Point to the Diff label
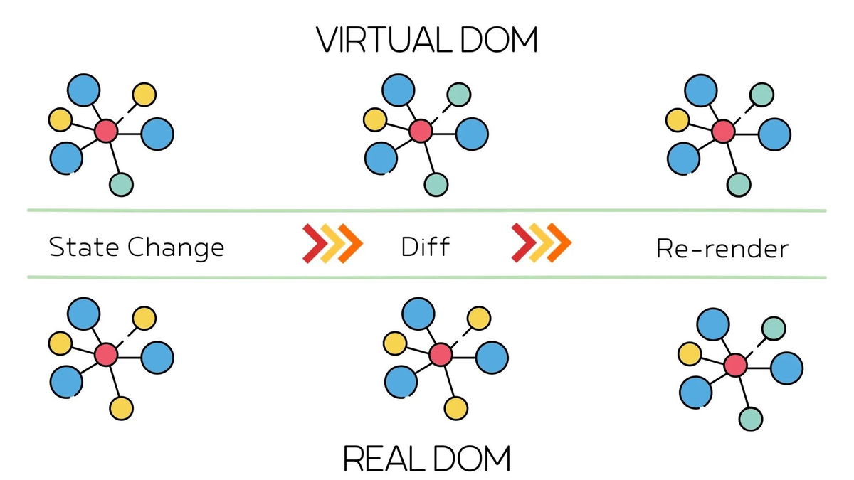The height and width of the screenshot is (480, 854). (426, 247)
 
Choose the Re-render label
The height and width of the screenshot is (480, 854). (722, 249)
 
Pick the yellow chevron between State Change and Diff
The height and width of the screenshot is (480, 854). (329, 243)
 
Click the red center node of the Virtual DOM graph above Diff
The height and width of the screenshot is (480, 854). (421, 131)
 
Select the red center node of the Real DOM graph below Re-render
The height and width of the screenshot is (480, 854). (735, 366)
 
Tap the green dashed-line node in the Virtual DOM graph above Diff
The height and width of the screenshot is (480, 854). (459, 94)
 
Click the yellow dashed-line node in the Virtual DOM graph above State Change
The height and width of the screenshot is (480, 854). (144, 94)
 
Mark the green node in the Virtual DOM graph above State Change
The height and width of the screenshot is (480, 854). (121, 185)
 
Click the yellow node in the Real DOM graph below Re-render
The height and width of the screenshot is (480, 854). (689, 353)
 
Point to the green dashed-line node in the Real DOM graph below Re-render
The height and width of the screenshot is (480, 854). (774, 328)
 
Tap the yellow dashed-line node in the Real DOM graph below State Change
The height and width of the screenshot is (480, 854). (144, 317)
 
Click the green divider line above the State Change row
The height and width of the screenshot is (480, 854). (427, 210)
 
